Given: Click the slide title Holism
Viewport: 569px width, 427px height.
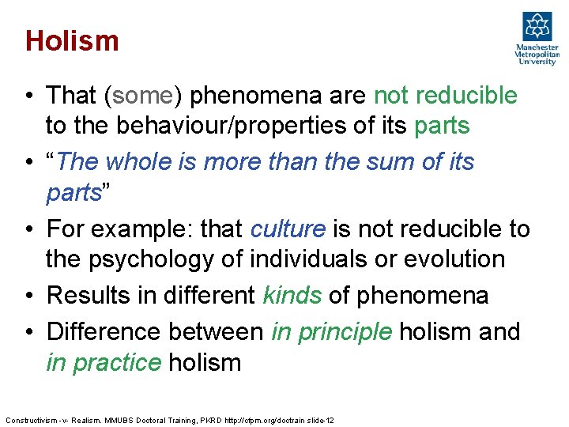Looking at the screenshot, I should click(x=72, y=40).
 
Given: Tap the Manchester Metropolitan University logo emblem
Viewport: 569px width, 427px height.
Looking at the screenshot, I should click(x=537, y=28).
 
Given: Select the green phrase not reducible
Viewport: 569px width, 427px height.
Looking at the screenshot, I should click(x=445, y=96).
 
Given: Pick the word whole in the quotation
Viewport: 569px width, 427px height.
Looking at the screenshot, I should click(x=147, y=162).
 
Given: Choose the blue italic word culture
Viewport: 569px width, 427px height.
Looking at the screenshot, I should click(x=287, y=229).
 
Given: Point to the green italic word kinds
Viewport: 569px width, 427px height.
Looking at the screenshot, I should click(x=291, y=296).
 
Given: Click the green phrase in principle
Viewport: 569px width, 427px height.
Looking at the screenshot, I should click(x=331, y=331).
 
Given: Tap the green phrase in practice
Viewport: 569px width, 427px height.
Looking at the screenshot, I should click(x=103, y=363).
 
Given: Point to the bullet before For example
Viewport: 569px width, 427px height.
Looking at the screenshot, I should click(x=28, y=229).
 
